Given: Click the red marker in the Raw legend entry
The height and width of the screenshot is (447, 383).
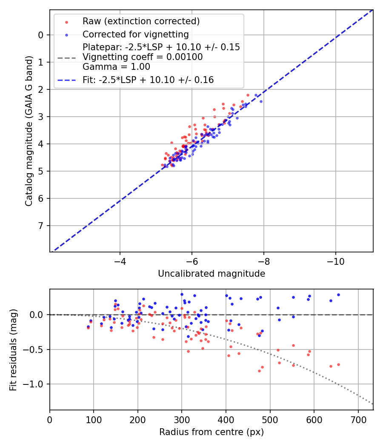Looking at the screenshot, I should pos(66,22).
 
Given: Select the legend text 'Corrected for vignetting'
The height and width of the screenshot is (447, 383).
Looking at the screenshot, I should pos(135,34).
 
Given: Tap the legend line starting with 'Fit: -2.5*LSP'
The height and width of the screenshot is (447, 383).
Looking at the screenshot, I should pos(148,80).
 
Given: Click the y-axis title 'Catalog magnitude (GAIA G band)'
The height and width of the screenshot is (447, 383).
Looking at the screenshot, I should pos(29,130).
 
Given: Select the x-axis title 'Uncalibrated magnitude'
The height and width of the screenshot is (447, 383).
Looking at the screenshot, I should pos(212,274).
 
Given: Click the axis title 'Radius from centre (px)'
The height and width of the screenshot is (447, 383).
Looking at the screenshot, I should pos(212,432).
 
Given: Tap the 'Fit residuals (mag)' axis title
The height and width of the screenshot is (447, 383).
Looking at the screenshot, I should pos(13,350).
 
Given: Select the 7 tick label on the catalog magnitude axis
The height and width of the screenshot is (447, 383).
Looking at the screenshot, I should pos(41,226).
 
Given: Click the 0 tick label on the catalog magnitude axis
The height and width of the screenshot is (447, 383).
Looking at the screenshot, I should pos(41,35).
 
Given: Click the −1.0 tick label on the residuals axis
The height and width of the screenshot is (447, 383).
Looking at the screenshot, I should pos(34,384).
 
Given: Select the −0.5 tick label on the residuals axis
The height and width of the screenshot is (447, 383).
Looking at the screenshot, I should pos(34,350).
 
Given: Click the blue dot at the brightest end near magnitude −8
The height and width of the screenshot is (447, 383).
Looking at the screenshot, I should pos(261,101).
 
